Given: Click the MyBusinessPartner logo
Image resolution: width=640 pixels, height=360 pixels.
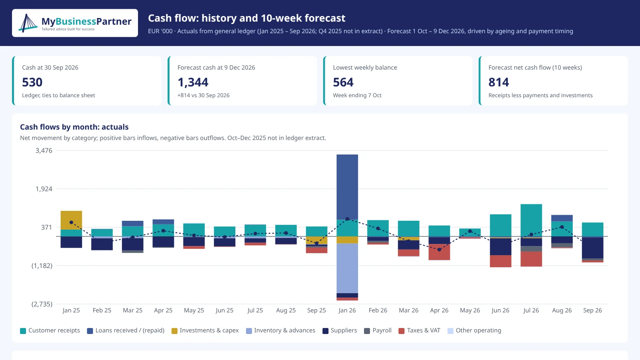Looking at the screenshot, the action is (x=75, y=23).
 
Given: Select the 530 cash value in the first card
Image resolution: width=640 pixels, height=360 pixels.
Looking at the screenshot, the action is (x=32, y=82).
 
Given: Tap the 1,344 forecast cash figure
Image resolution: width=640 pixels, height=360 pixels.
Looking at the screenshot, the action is (x=193, y=82).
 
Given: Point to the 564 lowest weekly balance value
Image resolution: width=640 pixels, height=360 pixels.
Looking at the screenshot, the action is (x=343, y=82).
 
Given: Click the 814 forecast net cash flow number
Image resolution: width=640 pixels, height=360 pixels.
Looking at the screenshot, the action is (x=498, y=82).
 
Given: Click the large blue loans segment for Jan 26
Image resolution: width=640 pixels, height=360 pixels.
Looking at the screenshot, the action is (x=347, y=187).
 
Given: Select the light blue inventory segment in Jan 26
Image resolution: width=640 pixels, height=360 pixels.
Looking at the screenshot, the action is (x=347, y=268).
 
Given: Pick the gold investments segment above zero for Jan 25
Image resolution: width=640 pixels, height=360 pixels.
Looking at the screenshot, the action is (x=71, y=220).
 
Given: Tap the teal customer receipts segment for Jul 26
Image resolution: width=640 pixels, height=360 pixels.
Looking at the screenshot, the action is (x=531, y=220).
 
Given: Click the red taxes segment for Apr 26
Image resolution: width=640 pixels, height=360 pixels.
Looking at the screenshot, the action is (x=439, y=252).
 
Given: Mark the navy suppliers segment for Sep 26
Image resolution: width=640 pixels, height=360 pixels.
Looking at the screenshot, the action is (x=592, y=248).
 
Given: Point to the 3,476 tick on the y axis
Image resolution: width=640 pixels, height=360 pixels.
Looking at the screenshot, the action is (x=44, y=150).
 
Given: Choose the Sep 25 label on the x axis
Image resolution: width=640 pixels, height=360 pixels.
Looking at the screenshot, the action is (x=316, y=310).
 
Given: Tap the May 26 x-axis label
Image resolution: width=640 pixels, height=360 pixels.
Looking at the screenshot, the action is (x=470, y=310).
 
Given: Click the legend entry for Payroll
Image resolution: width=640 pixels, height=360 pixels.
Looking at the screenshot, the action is (x=378, y=330).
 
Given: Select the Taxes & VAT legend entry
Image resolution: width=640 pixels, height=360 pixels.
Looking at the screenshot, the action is (x=419, y=330).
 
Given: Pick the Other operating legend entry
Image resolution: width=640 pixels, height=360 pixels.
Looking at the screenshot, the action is (x=474, y=330).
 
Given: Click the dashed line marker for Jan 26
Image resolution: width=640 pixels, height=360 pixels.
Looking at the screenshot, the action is (x=347, y=219).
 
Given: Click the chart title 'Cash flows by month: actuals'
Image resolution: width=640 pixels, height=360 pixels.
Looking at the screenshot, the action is (x=74, y=127).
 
